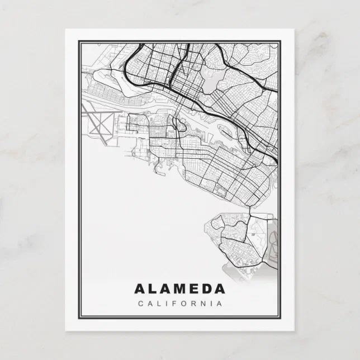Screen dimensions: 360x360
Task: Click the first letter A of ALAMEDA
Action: (x=139, y=289)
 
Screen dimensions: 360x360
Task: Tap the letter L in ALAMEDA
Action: (x=153, y=289)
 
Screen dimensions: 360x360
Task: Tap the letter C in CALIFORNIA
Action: (x=139, y=304)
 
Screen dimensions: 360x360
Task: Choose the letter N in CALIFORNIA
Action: (x=205, y=304)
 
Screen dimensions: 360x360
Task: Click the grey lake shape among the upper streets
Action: (x=210, y=83)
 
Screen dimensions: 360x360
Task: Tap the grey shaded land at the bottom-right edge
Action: (x=272, y=246)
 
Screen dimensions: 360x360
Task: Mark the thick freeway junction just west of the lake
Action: (x=174, y=70)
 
